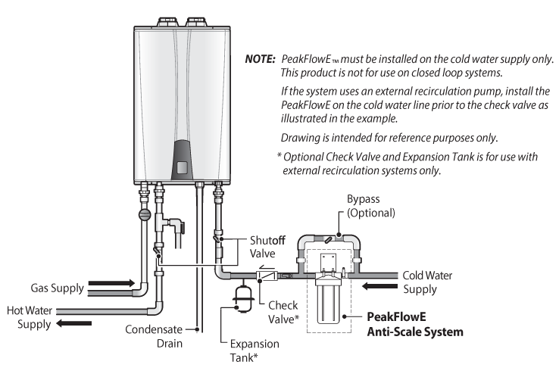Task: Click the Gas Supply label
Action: [x=57, y=288]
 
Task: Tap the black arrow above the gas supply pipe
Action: [x=111, y=283]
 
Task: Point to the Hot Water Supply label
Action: [x=30, y=317]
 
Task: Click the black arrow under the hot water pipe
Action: [x=73, y=323]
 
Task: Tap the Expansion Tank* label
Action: [x=255, y=351]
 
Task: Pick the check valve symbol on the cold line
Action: [x=267, y=275]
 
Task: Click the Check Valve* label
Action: [x=283, y=312]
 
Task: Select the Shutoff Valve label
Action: [x=267, y=247]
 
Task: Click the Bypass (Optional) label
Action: [x=370, y=206]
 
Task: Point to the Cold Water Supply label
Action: [x=427, y=282]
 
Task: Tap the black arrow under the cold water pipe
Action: [x=379, y=286]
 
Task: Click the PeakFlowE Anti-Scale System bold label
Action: [x=415, y=324]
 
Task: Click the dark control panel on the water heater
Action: [x=183, y=160]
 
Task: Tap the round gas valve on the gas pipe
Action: [x=145, y=214]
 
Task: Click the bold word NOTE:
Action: [x=261, y=59]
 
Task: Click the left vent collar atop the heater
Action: [x=167, y=21]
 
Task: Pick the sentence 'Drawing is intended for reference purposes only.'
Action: [x=389, y=138]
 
